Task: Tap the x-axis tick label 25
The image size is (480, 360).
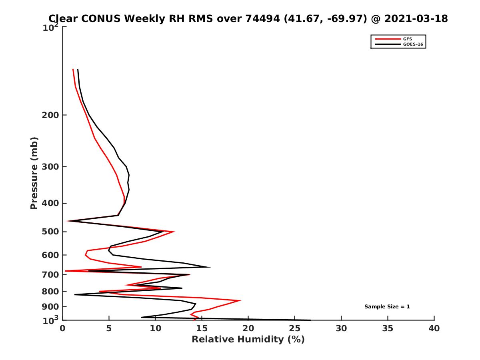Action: point(295,329)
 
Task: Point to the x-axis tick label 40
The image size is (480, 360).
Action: point(434,329)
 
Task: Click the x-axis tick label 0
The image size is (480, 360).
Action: point(63,329)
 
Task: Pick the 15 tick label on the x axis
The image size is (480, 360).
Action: point(202,329)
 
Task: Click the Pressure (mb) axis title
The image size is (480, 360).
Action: point(34,173)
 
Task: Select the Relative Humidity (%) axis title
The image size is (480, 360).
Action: point(248,340)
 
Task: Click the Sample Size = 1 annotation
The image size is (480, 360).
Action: point(387,307)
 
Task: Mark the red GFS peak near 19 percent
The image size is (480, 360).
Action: point(240,300)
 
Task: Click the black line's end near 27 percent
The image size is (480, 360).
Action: point(310,320)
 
